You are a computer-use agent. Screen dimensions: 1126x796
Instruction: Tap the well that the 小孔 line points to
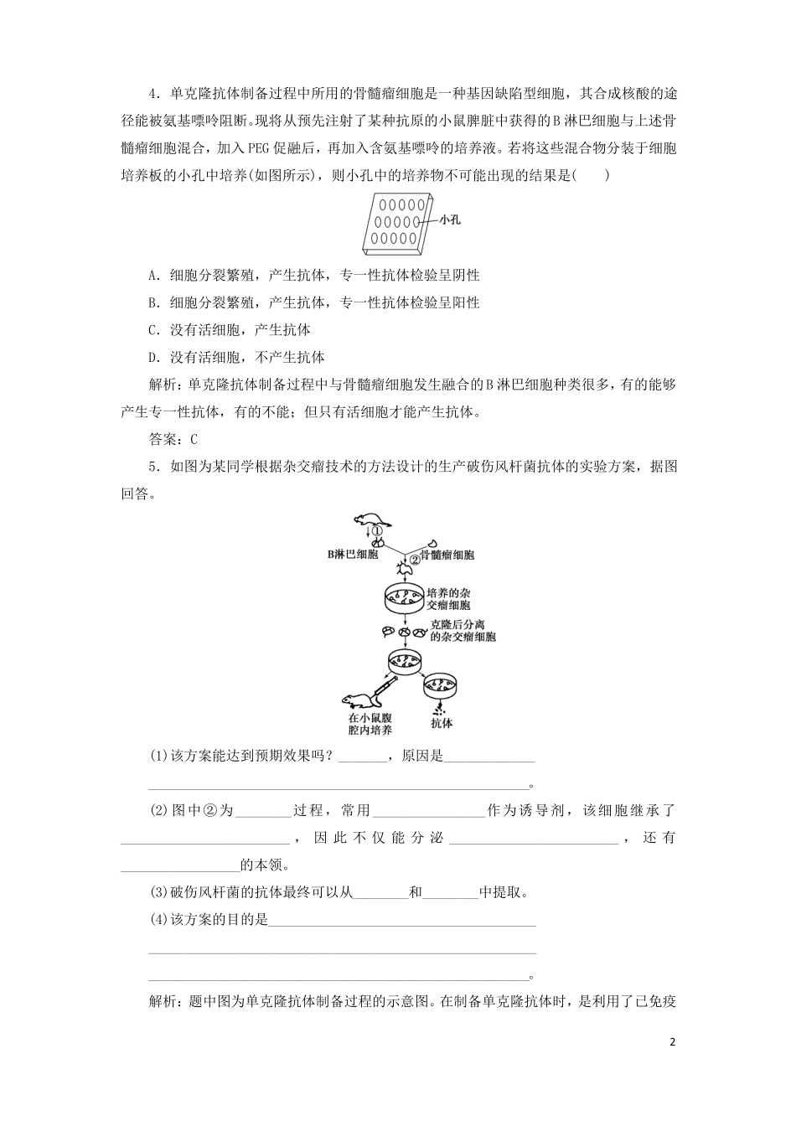[x=417, y=221]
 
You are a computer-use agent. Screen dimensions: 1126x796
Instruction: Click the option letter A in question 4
[x=152, y=276]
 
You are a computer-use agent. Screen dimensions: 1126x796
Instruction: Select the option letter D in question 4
[x=152, y=358]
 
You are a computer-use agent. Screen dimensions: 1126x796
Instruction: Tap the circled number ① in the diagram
[x=378, y=531]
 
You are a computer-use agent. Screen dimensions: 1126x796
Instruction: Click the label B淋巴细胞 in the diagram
[x=352, y=555]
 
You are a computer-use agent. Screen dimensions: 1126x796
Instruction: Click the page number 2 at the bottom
[x=672, y=1043]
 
